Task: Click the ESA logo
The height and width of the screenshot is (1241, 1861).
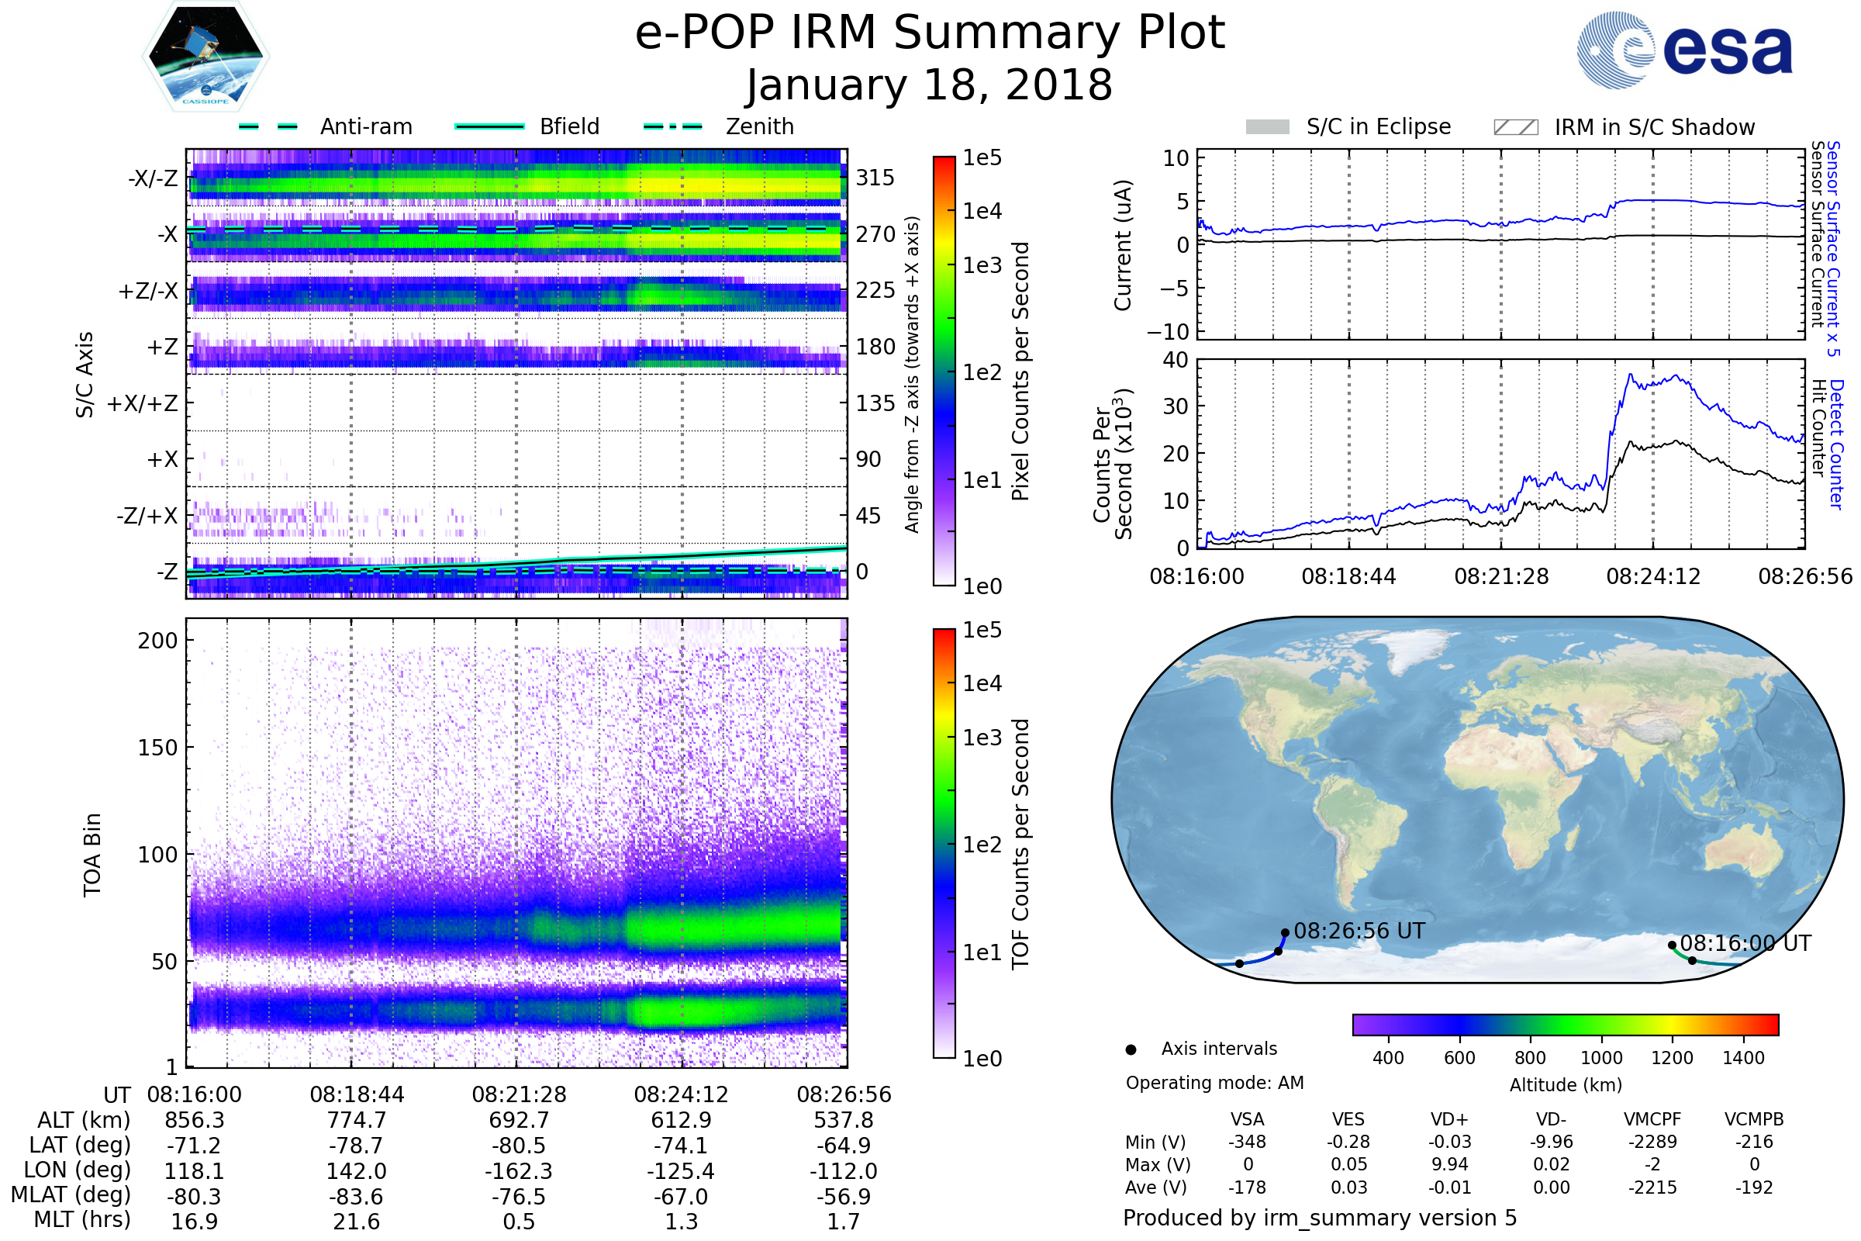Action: point(1683,49)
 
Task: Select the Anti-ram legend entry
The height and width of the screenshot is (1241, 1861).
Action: point(325,126)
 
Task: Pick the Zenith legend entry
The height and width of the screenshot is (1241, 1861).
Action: point(719,126)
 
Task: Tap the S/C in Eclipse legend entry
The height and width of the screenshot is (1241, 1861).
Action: point(1348,126)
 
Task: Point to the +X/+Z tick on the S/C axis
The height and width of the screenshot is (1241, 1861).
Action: point(143,403)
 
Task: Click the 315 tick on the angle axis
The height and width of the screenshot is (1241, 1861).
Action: point(875,178)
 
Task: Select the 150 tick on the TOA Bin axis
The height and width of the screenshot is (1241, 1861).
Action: point(157,747)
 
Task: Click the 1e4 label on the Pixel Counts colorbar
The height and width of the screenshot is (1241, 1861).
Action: point(982,211)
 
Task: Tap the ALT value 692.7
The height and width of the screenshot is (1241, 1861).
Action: point(519,1120)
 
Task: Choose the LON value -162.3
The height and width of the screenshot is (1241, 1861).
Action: point(518,1170)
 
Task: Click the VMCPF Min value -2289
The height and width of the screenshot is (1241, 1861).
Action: point(1652,1142)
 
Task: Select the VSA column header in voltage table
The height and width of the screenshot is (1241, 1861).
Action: point(1247,1119)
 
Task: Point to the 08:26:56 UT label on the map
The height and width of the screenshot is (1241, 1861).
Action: point(1359,931)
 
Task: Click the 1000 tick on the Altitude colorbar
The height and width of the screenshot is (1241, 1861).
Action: point(1601,1058)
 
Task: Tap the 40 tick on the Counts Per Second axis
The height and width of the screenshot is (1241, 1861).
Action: point(1176,360)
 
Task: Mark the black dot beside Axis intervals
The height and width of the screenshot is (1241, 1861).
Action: point(1131,1049)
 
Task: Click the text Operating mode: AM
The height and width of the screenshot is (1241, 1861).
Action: point(1214,1083)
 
